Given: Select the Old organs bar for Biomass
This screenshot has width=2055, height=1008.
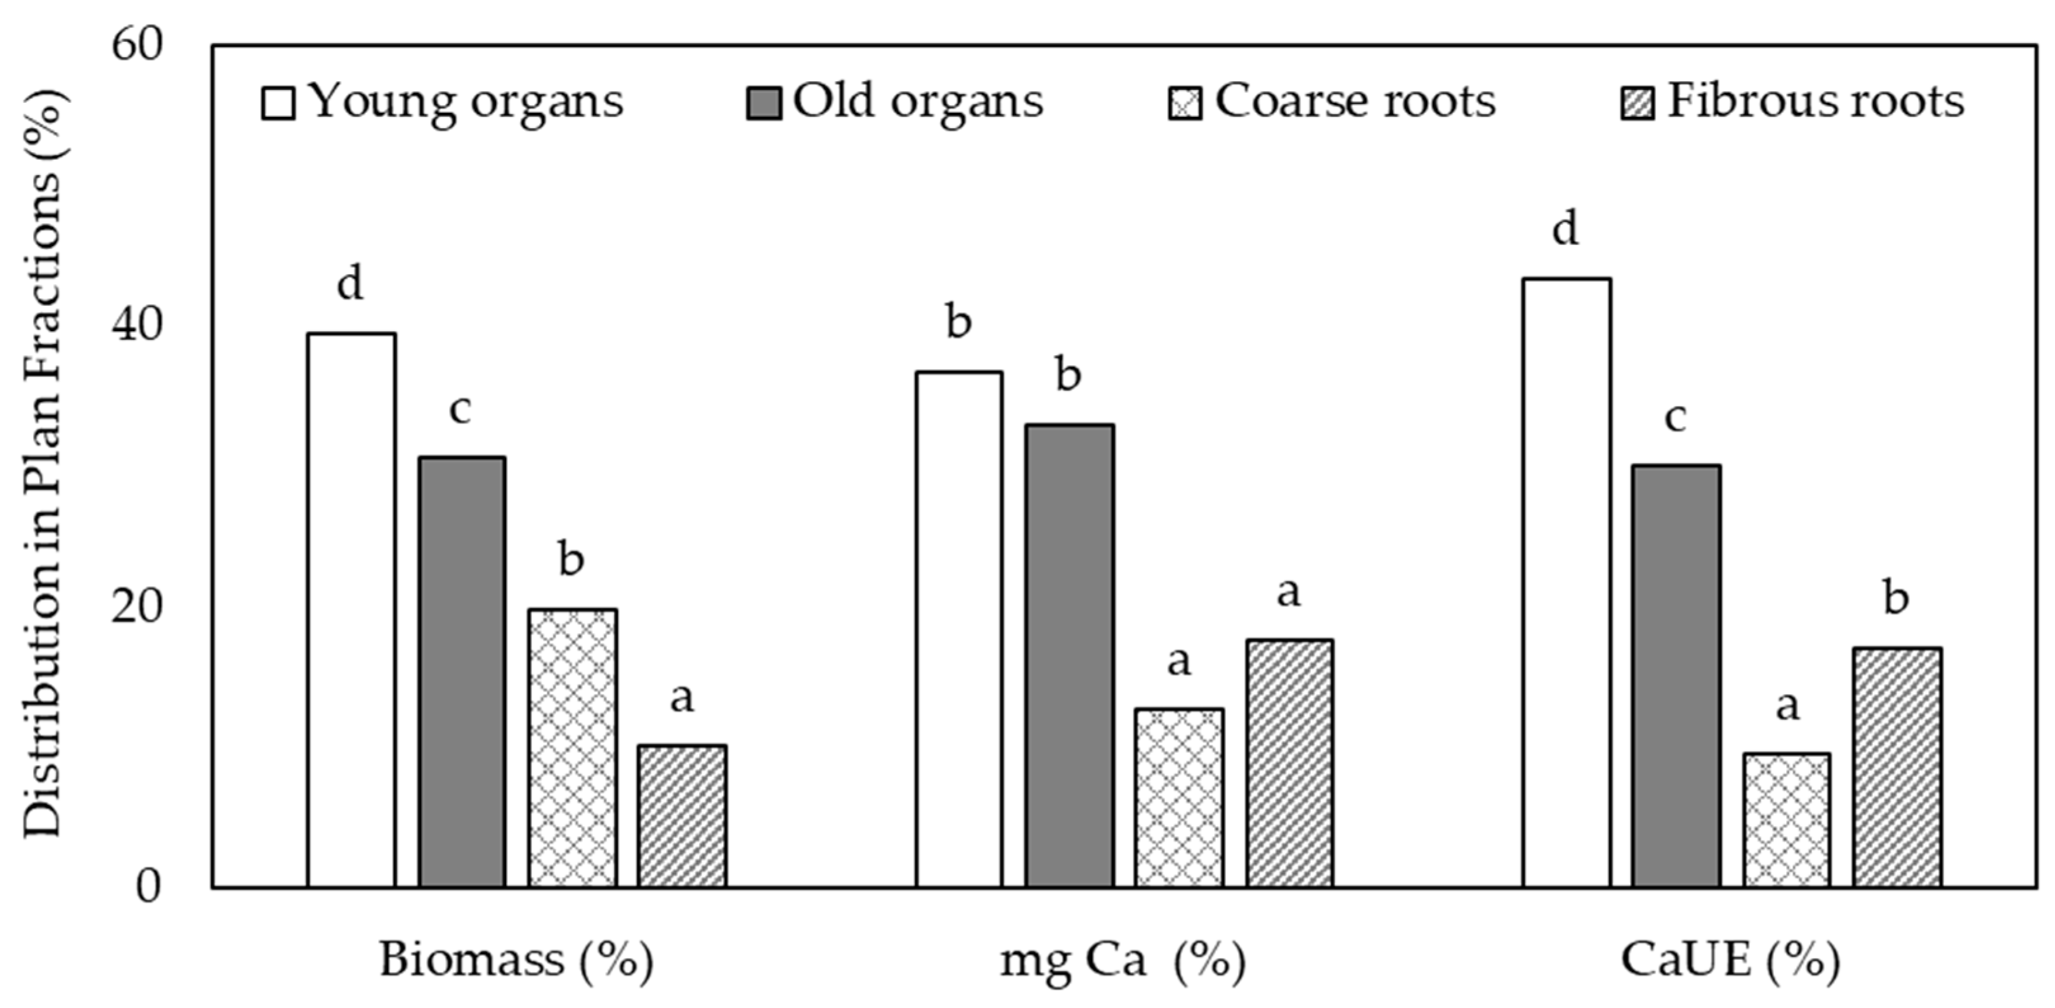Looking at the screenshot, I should click(462, 672).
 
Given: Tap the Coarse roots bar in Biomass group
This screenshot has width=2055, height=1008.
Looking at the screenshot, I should click(572, 748).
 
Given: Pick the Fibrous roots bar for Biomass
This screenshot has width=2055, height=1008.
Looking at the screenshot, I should click(682, 816).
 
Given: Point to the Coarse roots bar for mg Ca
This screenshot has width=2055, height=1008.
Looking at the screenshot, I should click(1179, 797).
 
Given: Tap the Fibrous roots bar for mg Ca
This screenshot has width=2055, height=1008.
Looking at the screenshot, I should click(1289, 763).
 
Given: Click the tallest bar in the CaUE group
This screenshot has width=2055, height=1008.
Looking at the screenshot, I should click(1566, 582).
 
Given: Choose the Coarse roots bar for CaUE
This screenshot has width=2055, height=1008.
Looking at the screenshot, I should click(1787, 820).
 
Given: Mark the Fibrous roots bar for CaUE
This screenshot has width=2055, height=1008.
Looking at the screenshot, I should click(1897, 767).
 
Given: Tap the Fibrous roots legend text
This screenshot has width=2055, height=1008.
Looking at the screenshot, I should click(1815, 102).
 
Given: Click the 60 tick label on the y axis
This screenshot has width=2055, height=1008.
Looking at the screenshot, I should click(136, 44).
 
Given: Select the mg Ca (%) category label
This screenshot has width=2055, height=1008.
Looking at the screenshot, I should click(1121, 960).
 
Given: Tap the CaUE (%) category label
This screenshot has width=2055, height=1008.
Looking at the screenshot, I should click(1730, 960).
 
